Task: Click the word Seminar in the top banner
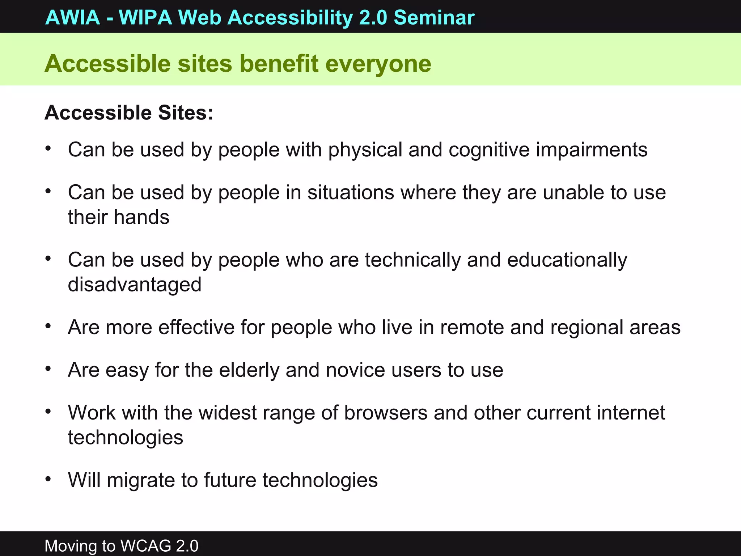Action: pyautogui.click(x=434, y=17)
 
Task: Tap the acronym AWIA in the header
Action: pyautogui.click(x=73, y=17)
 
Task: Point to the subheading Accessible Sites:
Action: pyautogui.click(x=129, y=113)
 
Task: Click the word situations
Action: pyautogui.click(x=351, y=192)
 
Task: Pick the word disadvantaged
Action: pyautogui.click(x=135, y=285)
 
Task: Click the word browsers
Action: pyautogui.click(x=386, y=412)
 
